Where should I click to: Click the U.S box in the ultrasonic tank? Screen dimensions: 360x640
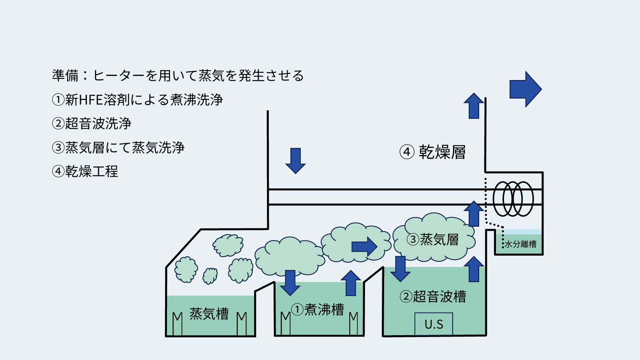tap(434, 324)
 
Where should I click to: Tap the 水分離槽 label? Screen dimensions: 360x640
tap(520, 244)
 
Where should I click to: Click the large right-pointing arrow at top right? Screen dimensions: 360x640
tap(525, 89)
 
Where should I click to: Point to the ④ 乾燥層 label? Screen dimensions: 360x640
tap(433, 152)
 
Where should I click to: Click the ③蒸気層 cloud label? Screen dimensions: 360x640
tap(433, 240)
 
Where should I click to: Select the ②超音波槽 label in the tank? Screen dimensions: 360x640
tap(433, 296)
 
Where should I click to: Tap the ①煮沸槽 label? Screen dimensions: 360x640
tap(318, 309)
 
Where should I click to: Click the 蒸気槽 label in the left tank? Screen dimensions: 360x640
tap(209, 314)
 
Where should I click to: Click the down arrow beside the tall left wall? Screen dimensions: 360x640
tap(295, 160)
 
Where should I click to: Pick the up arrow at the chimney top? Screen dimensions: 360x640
tap(474, 106)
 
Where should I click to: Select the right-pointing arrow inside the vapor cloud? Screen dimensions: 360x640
tap(364, 246)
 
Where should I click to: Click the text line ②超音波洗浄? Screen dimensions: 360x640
tap(92, 123)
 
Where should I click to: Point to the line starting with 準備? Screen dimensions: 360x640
tap(178, 75)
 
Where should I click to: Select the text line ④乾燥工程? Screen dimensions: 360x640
tap(85, 171)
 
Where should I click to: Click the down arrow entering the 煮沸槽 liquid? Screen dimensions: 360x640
tap(290, 283)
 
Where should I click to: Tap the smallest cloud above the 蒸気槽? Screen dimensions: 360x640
tap(210, 275)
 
